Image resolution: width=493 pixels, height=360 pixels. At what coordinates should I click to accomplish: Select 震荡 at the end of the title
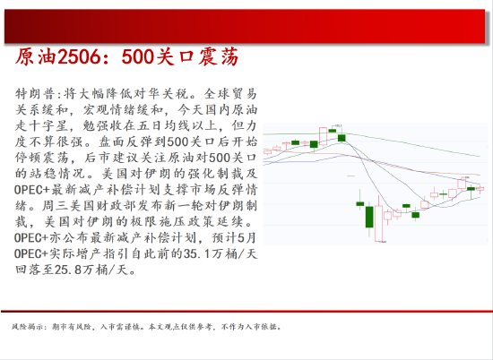(216, 57)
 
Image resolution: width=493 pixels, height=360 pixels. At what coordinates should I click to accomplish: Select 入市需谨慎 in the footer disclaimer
(117, 326)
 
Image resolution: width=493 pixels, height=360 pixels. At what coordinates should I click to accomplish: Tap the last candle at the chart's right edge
(482, 189)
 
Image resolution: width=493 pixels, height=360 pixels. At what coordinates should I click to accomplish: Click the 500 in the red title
(139, 57)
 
